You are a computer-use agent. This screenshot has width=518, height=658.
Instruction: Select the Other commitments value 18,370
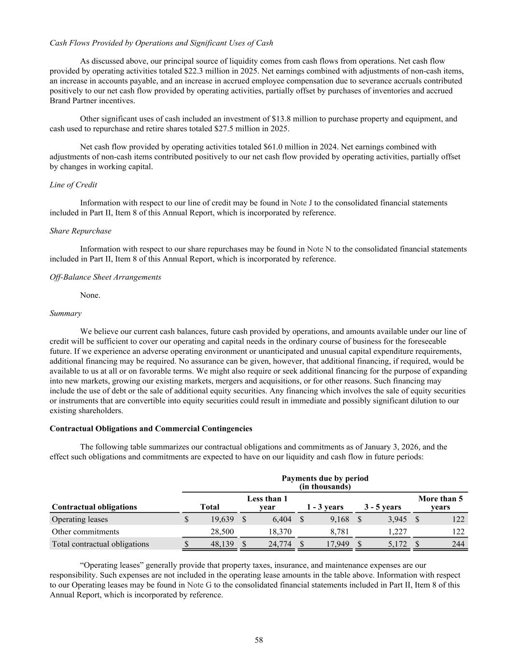pyautogui.click(x=279, y=532)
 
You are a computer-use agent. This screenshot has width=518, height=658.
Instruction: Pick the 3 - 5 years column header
pyautogui.click(x=382, y=507)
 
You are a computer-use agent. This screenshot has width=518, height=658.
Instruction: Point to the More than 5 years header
pyautogui.click(x=440, y=503)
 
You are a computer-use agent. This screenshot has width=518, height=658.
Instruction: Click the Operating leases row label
pyautogui.click(x=80, y=519)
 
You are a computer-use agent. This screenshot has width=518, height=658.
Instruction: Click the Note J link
pyautogui.click(x=301, y=203)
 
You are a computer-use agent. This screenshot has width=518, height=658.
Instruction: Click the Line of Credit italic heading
pyautogui.click(x=73, y=185)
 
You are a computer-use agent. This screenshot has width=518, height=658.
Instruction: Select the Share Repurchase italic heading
pyautogui.click(x=80, y=231)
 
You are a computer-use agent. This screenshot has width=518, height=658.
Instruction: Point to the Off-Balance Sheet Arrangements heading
pyautogui.click(x=105, y=277)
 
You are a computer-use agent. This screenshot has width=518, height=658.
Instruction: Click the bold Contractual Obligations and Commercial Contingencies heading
pyautogui.click(x=151, y=429)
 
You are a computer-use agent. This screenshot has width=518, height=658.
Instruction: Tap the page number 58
pyautogui.click(x=259, y=640)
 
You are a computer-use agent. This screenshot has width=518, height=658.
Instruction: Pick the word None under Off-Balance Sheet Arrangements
pyautogui.click(x=90, y=295)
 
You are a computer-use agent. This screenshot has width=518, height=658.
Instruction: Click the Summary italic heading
pyautogui.click(x=66, y=314)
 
